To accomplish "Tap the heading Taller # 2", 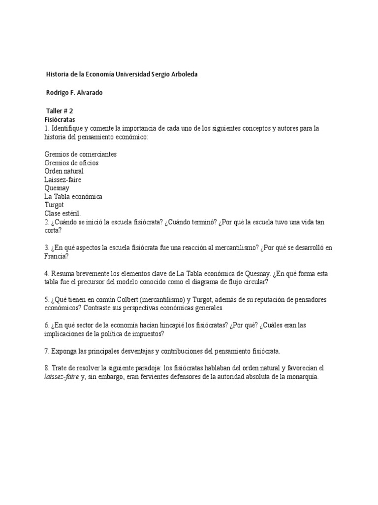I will click(x=60, y=111).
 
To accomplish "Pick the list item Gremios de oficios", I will click(x=71, y=163).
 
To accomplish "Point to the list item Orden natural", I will click(x=64, y=171).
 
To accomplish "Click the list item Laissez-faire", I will click(x=63, y=180).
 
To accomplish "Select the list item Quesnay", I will click(x=57, y=188).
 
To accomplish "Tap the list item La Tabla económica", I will click(x=73, y=196).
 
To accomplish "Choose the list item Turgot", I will click(x=54, y=205).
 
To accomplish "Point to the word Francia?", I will click(x=57, y=256).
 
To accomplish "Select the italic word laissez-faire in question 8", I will click(x=61, y=377).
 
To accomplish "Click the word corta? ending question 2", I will click(x=53, y=230).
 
